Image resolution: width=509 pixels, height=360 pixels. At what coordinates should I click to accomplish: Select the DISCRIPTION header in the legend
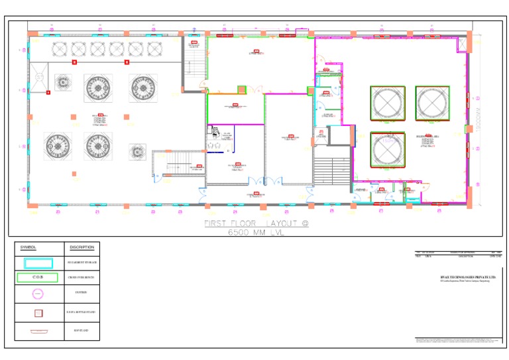tap(82, 247)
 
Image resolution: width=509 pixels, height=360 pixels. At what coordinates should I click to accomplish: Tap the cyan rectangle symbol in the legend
tap(38, 263)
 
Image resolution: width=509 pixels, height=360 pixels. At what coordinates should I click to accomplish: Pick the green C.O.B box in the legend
tap(38, 277)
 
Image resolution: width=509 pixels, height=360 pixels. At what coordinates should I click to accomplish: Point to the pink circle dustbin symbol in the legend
tap(38, 292)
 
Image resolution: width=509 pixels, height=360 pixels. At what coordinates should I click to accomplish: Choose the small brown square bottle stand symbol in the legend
tap(38, 312)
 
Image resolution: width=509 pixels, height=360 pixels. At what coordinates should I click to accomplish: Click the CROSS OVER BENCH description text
tap(82, 278)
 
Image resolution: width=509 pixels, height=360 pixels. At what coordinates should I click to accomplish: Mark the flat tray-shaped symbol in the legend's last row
tap(38, 330)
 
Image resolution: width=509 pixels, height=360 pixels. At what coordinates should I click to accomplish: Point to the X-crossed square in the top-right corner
tap(462, 43)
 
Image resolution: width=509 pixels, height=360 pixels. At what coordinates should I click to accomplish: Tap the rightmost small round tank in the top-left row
tap(154, 48)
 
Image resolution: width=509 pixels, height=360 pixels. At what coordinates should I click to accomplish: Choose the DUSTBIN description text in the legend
tap(82, 292)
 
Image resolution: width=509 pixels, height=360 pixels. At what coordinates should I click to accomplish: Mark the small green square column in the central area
tap(241, 90)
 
